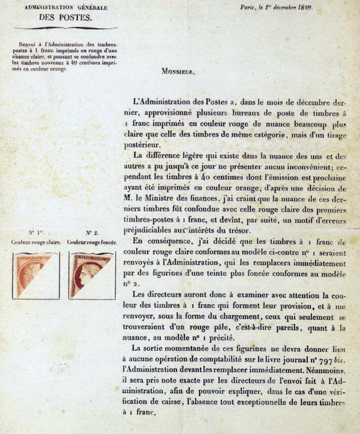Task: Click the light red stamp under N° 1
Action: (36, 275)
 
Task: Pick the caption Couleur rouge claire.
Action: (35, 242)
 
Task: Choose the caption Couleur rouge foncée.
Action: (92, 242)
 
